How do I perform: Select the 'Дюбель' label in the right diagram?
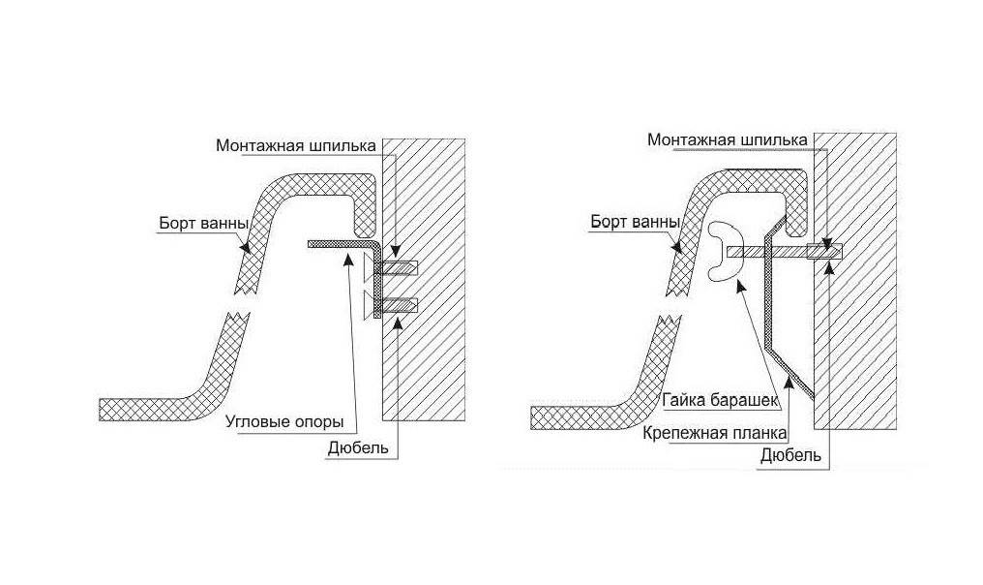pos(791,454)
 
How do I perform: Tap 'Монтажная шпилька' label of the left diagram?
pos(294,145)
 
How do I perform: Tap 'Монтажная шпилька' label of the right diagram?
pos(727,140)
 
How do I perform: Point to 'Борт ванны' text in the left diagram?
pos(199,224)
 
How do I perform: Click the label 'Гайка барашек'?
pos(715,399)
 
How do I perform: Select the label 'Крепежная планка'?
pos(714,431)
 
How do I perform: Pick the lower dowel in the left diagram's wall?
pos(400,307)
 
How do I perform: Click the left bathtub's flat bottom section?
pos(145,409)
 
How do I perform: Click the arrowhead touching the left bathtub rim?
pos(247,247)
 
